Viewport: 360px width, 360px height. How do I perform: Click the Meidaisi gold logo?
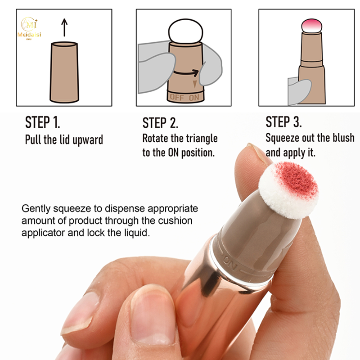pyautogui.click(x=29, y=28)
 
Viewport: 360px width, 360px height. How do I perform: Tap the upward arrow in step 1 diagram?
pyautogui.click(x=64, y=27)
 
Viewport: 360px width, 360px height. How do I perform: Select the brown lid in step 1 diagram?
pyautogui.click(x=64, y=72)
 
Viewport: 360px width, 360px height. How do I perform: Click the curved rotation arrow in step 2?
pyautogui.click(x=186, y=72)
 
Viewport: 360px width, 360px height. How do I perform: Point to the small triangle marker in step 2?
pyautogui.click(x=195, y=84)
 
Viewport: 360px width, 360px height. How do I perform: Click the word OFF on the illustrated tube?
pyautogui.click(x=177, y=98)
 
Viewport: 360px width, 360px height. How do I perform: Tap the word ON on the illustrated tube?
pyautogui.click(x=194, y=98)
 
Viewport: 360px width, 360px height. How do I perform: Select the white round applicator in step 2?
pyautogui.click(x=185, y=31)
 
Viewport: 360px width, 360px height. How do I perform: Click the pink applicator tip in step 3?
pyautogui.click(x=311, y=26)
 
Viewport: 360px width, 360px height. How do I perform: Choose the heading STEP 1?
pyautogui.click(x=42, y=122)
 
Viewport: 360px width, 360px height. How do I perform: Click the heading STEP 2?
pyautogui.click(x=160, y=123)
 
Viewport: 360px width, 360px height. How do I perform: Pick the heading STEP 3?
pyautogui.click(x=283, y=122)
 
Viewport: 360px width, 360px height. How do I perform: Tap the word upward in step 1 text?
pyautogui.click(x=87, y=140)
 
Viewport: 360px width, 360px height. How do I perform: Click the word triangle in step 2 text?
pyautogui.click(x=202, y=139)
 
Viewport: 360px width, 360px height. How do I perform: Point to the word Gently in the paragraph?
pyautogui.click(x=36, y=209)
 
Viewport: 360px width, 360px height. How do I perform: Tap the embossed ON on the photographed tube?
pyautogui.click(x=230, y=263)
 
